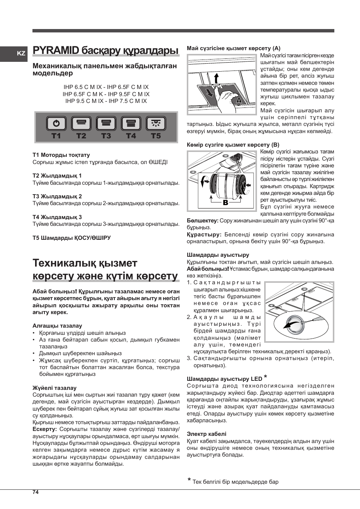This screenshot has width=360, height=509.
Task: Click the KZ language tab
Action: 21,54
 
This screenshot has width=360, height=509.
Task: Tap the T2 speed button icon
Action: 81,123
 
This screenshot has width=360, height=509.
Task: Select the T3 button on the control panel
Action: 106,123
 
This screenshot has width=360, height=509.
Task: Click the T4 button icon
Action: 131,123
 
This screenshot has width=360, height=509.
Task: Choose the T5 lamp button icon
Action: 156,123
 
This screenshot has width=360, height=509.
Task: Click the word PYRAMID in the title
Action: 56,51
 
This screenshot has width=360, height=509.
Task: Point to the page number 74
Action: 35,492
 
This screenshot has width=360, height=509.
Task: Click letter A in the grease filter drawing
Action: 238,101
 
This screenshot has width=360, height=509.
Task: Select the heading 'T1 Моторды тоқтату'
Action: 61,155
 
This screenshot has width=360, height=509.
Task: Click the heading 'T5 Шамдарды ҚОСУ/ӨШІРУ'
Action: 72,238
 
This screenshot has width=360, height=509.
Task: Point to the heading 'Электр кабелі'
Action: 206,434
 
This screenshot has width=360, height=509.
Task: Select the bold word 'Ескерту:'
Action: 45,429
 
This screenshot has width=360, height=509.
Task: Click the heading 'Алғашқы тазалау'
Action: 57,326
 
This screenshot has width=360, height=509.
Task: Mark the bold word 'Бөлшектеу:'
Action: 202,221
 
